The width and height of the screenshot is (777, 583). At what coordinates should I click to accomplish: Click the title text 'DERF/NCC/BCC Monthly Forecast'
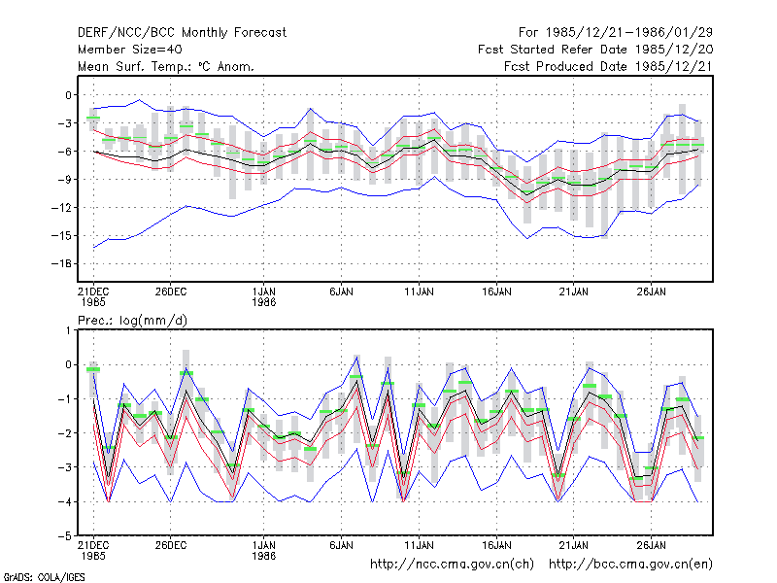click(x=182, y=33)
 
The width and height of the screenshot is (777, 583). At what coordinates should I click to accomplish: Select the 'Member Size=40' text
click(x=130, y=50)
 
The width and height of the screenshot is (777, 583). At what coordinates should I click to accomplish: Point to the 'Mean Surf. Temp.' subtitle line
click(x=165, y=66)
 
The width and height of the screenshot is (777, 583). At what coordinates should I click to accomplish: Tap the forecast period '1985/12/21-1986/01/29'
click(x=629, y=33)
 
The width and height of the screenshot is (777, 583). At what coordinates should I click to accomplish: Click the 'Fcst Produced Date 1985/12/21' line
click(x=609, y=66)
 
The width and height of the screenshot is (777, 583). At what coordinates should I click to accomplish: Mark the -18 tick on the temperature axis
click(x=61, y=263)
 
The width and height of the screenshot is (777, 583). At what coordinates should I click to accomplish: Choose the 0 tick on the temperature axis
click(x=68, y=95)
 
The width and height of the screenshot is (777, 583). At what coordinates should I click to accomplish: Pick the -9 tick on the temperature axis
click(x=64, y=180)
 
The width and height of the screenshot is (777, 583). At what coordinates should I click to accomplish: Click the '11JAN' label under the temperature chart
click(x=419, y=292)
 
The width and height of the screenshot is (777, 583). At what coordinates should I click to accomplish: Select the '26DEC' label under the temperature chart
click(x=171, y=292)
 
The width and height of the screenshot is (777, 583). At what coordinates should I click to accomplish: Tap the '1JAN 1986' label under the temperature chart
click(x=263, y=297)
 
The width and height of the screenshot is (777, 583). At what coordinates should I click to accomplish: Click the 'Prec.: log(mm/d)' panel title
click(x=132, y=321)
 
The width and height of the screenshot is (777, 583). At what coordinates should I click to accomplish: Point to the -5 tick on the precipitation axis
click(x=68, y=536)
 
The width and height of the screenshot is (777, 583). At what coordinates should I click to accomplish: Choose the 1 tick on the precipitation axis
click(x=68, y=330)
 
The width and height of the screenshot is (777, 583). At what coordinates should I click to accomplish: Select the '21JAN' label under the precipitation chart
click(x=573, y=545)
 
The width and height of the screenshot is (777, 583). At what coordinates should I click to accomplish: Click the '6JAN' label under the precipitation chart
click(x=341, y=545)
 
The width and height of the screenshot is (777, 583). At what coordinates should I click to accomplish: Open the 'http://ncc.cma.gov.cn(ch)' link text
click(x=452, y=565)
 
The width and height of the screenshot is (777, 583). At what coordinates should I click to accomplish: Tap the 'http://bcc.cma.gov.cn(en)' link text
click(x=630, y=565)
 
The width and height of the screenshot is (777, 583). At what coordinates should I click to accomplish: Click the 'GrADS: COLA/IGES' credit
click(x=44, y=577)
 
